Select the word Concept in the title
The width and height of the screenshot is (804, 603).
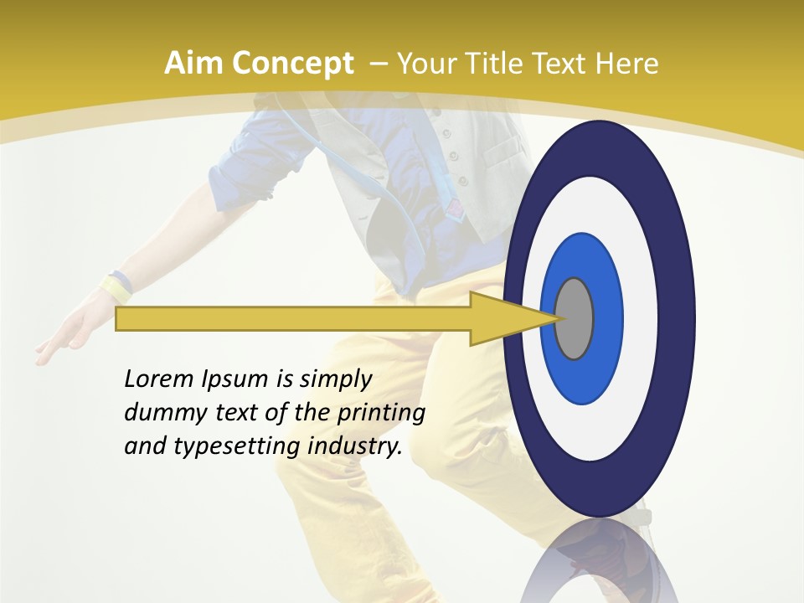291,64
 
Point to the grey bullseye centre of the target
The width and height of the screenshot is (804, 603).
574,318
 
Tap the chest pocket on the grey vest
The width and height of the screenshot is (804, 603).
502,155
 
